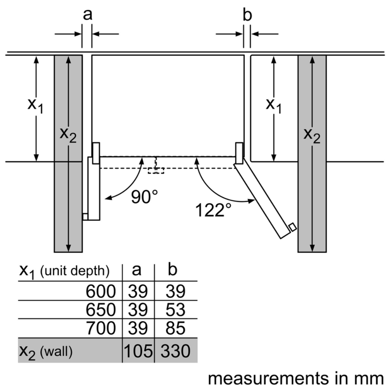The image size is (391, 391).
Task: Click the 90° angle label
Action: tap(144, 196)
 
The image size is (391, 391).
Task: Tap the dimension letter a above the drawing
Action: tap(87, 15)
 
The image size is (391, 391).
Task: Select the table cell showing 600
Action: tap(100, 291)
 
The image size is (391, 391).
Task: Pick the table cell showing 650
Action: tap(100, 310)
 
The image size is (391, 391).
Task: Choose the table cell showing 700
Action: tap(100, 328)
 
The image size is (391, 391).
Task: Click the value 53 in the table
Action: tap(175, 310)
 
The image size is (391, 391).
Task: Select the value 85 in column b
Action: tap(175, 328)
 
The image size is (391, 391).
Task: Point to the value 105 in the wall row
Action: tap(138, 351)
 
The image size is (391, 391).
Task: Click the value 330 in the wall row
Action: tap(175, 351)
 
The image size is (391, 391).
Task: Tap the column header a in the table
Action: tap(137, 270)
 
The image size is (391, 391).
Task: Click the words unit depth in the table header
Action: tap(75, 271)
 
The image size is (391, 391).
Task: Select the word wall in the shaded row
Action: tap(56, 352)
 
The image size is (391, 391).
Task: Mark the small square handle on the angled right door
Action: tap(293, 227)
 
